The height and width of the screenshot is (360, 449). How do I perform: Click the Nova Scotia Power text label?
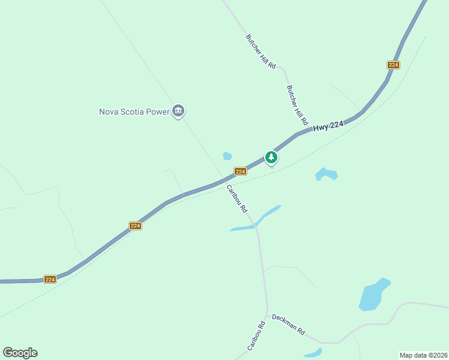[x=134, y=111]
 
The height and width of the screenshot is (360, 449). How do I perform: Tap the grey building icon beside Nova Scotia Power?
[x=178, y=111]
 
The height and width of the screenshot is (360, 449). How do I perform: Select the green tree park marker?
[x=271, y=157]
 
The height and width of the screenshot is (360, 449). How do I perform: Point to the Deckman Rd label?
[x=289, y=325]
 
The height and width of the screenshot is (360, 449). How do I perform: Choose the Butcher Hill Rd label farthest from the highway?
[x=261, y=51]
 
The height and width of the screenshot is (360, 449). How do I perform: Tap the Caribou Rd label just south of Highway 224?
[x=237, y=199]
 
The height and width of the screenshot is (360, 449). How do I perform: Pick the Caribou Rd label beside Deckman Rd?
[x=256, y=337]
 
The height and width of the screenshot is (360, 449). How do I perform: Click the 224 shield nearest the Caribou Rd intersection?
[x=240, y=172]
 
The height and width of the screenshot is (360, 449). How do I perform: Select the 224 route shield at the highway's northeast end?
[x=393, y=65]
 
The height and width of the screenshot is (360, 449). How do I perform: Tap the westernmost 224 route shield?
[x=50, y=279]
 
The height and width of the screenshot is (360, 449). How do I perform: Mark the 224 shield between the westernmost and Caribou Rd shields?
[x=135, y=226]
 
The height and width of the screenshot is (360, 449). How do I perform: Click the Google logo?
[x=20, y=353]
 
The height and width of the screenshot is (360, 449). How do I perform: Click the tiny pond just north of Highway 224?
[x=227, y=156]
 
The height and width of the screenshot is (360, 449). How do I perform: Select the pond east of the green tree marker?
[x=327, y=175]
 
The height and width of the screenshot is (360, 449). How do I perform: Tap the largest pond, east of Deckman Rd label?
[x=373, y=295]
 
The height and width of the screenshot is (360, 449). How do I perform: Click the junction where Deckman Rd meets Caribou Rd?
[x=267, y=313]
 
